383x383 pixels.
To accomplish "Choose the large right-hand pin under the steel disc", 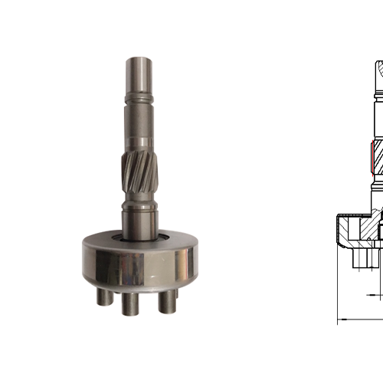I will [x=165, y=302].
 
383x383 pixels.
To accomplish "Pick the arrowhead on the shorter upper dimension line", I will [x=371, y=294].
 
